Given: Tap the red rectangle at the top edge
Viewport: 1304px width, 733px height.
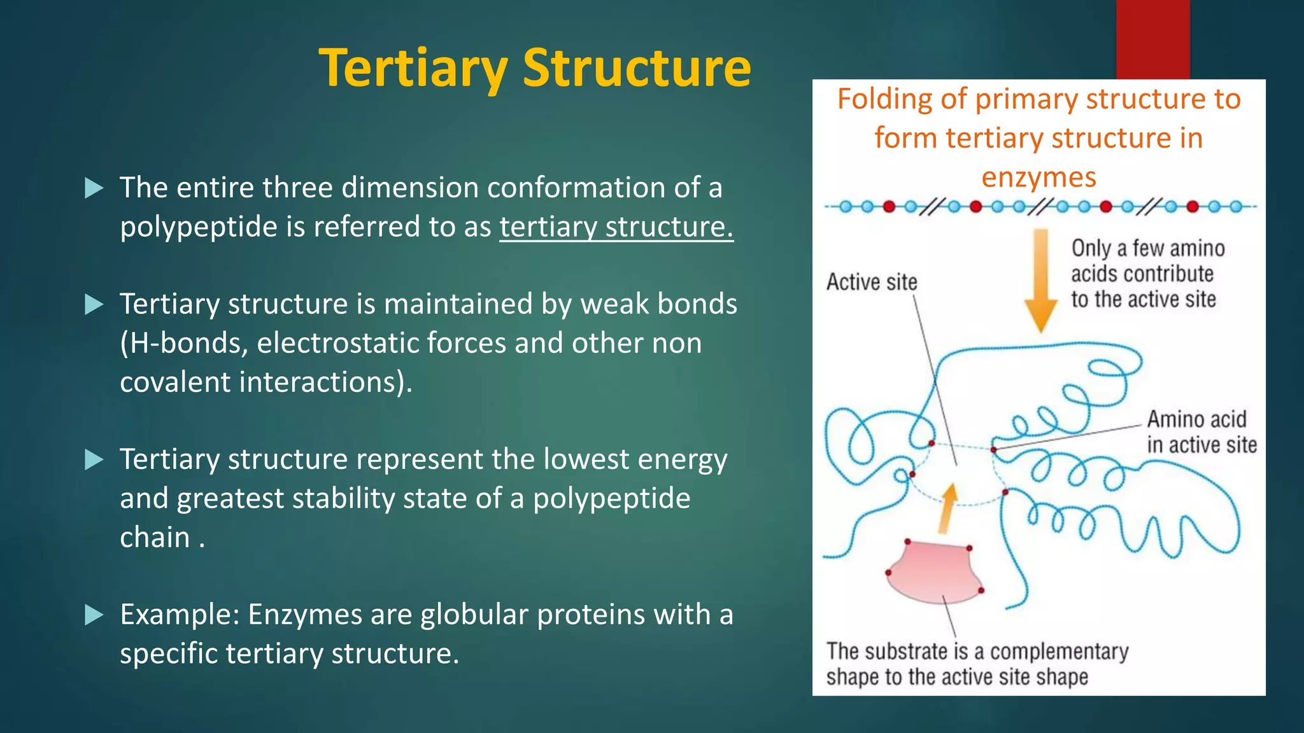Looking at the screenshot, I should click(x=1152, y=38).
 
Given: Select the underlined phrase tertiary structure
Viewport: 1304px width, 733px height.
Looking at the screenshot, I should click(x=616, y=227).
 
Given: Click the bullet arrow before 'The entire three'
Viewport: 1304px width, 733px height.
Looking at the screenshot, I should click(x=94, y=188).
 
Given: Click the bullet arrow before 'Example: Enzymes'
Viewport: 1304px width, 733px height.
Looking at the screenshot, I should click(x=94, y=615).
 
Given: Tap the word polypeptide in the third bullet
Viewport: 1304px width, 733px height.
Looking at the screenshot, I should click(x=611, y=498).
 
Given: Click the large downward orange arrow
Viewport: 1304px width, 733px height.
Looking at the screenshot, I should click(x=1040, y=280).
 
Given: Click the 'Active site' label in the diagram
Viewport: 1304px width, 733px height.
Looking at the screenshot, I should click(x=872, y=282).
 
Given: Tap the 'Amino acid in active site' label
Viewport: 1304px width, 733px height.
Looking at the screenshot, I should click(x=1201, y=432).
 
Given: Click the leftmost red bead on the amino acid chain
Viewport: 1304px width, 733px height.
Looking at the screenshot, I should click(x=889, y=206).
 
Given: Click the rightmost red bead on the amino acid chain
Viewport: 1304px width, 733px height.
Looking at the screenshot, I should click(x=1193, y=206).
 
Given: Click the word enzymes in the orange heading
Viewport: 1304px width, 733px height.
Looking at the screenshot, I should click(x=1038, y=178).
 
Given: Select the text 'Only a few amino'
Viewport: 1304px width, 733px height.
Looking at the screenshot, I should click(x=1147, y=248).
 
